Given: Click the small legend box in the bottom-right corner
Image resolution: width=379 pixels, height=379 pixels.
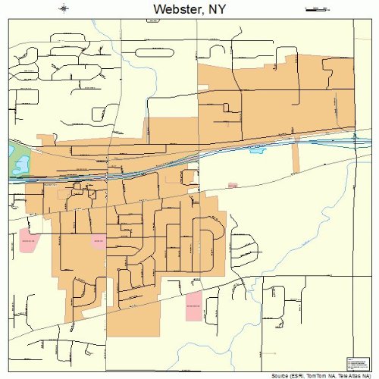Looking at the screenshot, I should pyautogui.click(x=356, y=363).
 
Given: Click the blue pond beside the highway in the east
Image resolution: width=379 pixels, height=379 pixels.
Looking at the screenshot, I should pyautogui.click(x=258, y=150).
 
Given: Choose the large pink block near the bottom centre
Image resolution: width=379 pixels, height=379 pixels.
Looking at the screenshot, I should pyautogui.click(x=194, y=305).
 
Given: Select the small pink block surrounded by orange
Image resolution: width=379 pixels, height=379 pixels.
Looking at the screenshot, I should pyautogui.click(x=98, y=241).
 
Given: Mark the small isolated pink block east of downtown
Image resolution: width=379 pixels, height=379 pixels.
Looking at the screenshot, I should pyautogui.click(x=232, y=184).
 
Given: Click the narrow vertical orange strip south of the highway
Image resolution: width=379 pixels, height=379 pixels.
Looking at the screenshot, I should pyautogui.click(x=296, y=157).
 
